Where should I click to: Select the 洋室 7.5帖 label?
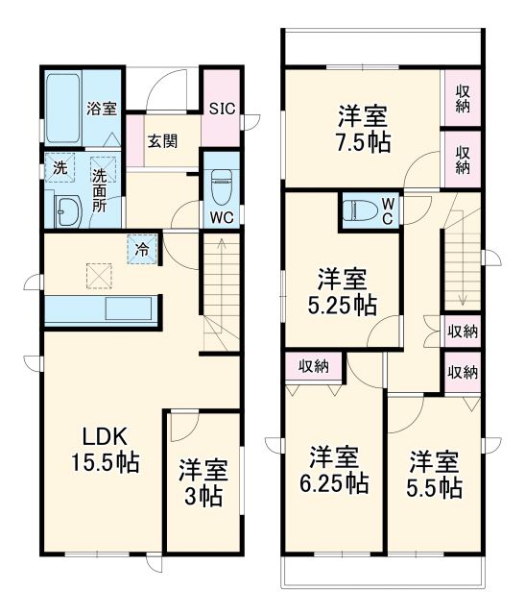362,130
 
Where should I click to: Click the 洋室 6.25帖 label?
333,468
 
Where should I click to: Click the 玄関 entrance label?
161,139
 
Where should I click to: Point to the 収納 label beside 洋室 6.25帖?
314,365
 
